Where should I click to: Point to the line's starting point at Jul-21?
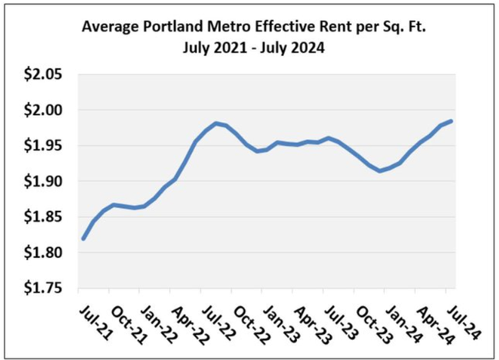(82, 239)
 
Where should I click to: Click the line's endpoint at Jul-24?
(451, 121)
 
